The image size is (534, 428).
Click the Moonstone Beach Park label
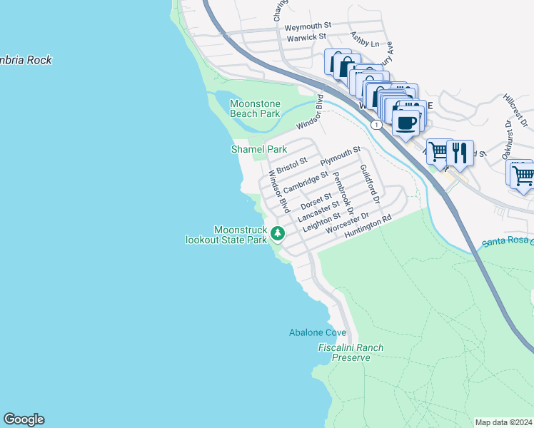point(255,108)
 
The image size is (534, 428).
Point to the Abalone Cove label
point(318,332)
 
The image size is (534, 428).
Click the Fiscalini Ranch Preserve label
point(351,352)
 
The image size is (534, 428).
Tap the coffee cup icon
point(405,122)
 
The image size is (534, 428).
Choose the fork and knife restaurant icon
point(460,152)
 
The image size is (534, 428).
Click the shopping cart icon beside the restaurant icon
point(438,152)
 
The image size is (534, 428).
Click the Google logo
point(24,419)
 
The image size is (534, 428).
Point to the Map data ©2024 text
point(503,422)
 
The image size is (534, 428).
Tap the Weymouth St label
point(308,26)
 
